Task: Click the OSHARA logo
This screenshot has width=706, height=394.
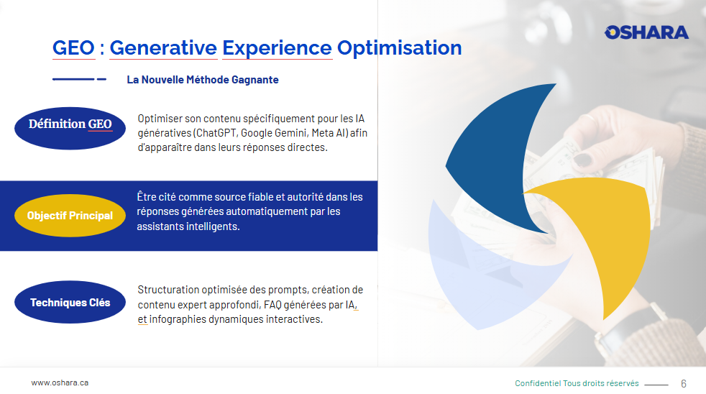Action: [646, 32]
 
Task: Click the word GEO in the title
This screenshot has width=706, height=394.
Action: [73, 47]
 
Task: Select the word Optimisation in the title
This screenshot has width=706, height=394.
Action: [400, 48]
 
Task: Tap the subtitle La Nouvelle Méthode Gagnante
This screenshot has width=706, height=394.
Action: [203, 80]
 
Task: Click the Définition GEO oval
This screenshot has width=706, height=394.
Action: [70, 128]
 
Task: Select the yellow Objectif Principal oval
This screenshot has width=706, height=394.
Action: [70, 216]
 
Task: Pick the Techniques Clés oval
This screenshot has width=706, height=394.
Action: [70, 302]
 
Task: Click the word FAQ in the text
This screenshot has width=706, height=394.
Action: [272, 305]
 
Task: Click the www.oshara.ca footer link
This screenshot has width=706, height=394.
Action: [60, 382]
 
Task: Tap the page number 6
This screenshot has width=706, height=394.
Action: [684, 384]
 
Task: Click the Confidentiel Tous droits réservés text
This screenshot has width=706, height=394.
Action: [577, 383]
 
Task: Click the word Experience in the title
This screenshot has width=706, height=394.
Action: [277, 48]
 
